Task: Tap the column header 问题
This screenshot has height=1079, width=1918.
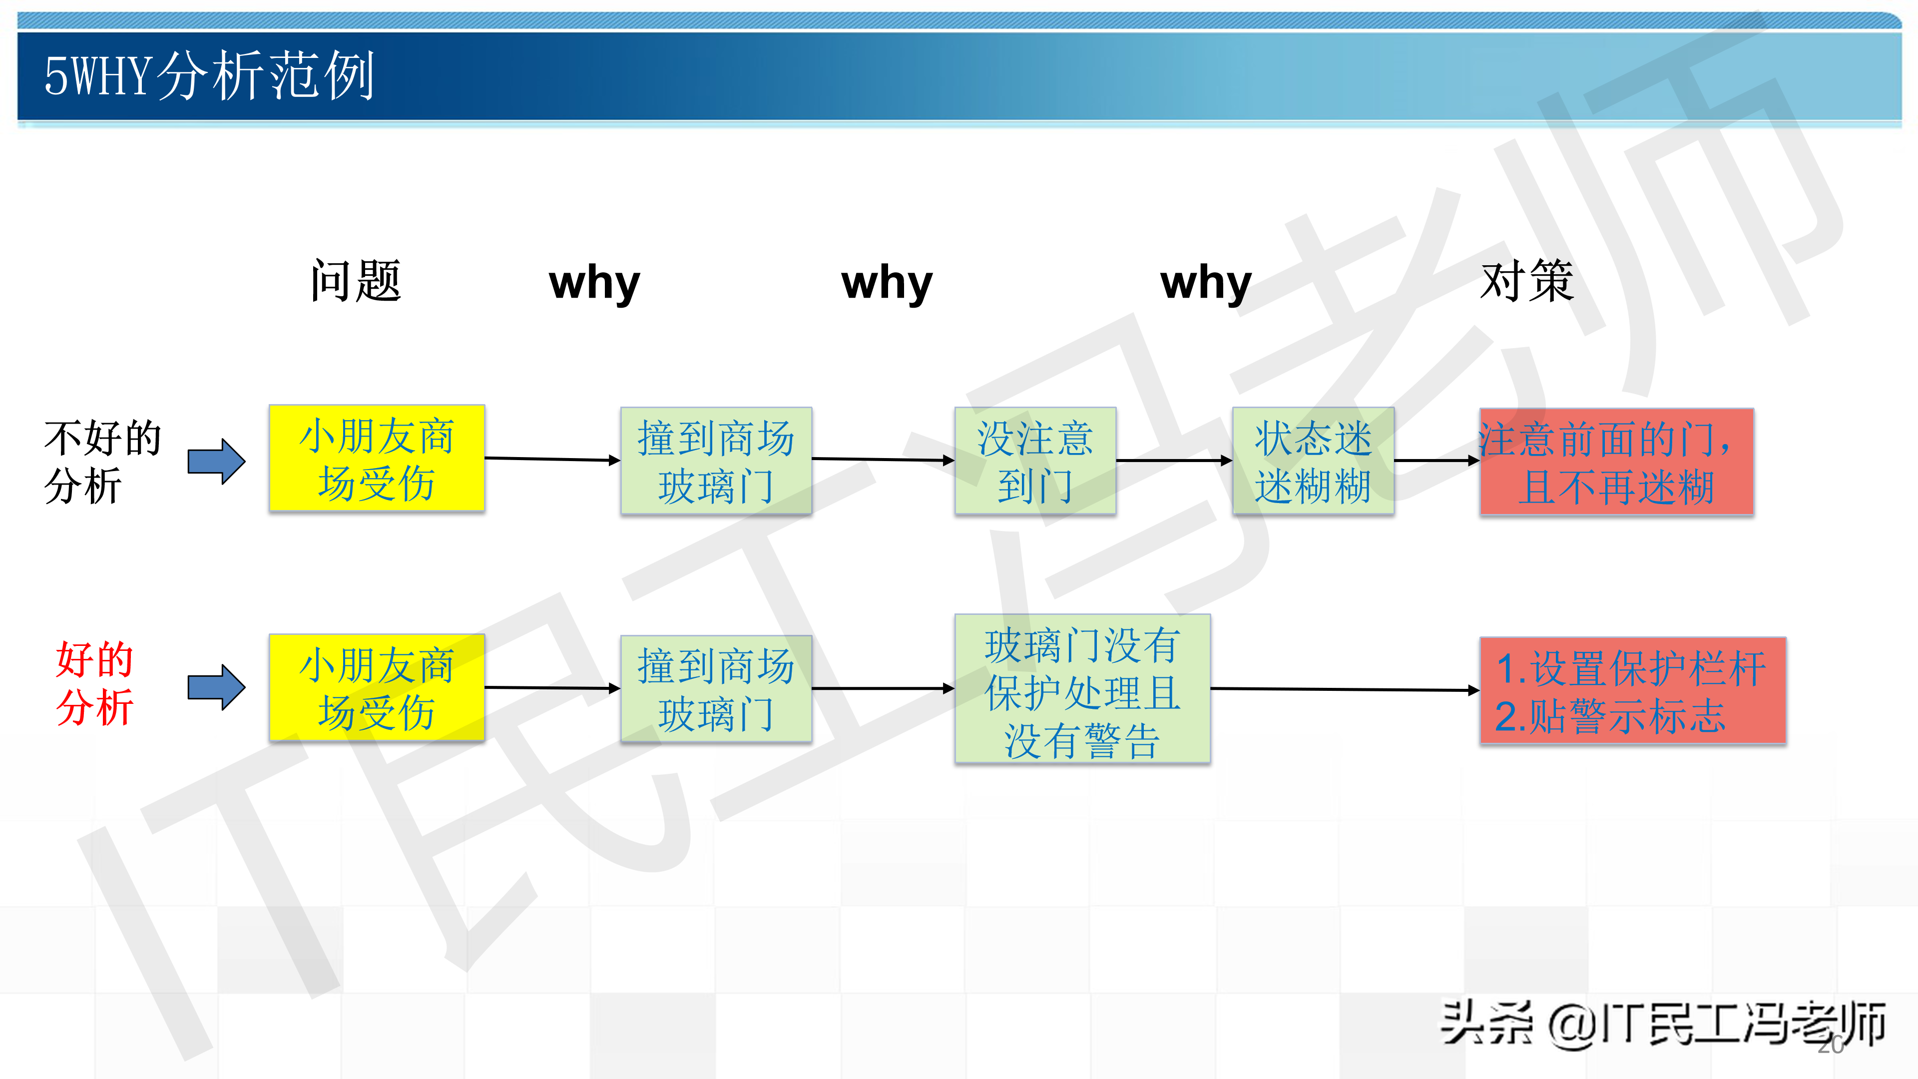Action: click(356, 281)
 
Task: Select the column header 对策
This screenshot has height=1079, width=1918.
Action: click(1527, 281)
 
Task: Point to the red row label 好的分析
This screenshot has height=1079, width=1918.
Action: click(94, 683)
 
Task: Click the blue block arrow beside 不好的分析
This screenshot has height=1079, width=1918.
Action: click(216, 461)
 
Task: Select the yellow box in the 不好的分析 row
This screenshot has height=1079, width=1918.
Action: click(377, 459)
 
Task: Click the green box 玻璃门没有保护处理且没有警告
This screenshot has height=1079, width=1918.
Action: click(1082, 689)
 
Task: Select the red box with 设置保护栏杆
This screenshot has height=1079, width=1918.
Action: click(1632, 690)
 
